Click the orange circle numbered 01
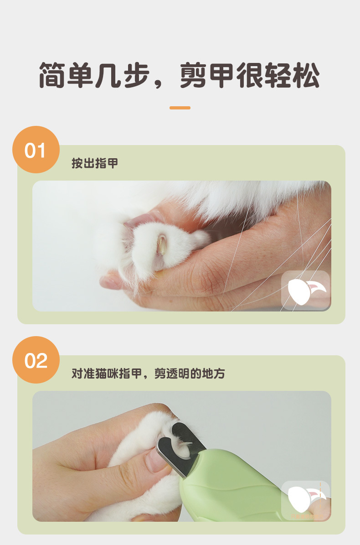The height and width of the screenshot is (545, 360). pyautogui.click(x=36, y=150)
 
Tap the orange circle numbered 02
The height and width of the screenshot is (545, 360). pyautogui.click(x=36, y=360)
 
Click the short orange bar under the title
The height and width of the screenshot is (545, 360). pyautogui.click(x=180, y=108)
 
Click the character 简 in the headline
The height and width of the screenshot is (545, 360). pyautogui.click(x=52, y=75)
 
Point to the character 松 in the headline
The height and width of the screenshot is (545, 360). pyautogui.click(x=306, y=75)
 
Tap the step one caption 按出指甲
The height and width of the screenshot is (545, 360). pyautogui.click(x=95, y=163)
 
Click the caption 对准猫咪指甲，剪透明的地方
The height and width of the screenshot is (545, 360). pyautogui.click(x=148, y=374)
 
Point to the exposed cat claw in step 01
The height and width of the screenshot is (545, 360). pyautogui.click(x=161, y=244)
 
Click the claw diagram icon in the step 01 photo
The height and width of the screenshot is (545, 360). pyautogui.click(x=305, y=290)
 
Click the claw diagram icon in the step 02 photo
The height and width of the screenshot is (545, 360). pyautogui.click(x=305, y=500)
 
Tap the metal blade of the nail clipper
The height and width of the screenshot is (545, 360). pyautogui.click(x=180, y=448)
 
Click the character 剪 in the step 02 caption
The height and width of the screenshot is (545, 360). pyautogui.click(x=160, y=374)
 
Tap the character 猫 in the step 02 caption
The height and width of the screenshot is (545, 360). pyautogui.click(x=101, y=374)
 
